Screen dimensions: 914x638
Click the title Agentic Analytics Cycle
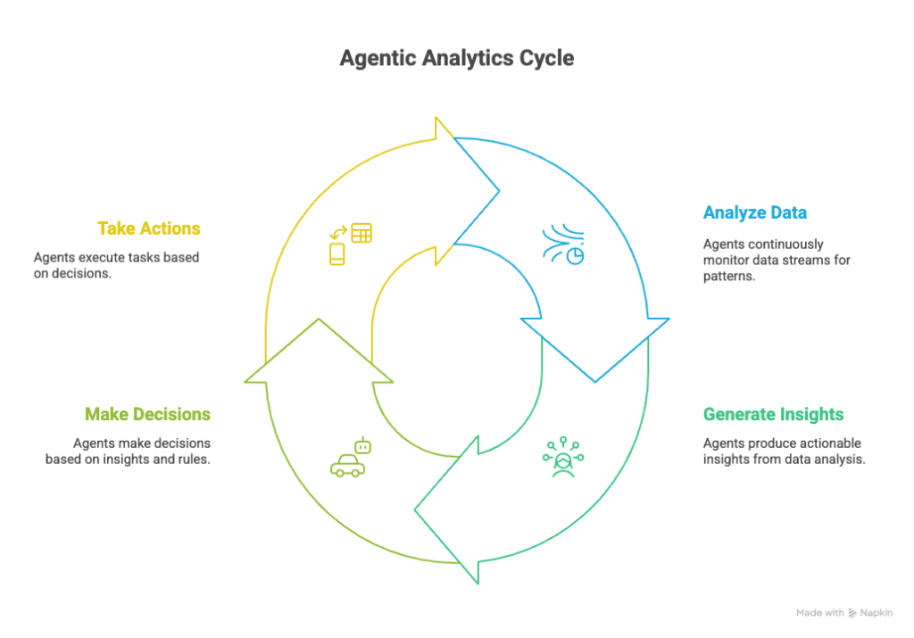pyautogui.click(x=457, y=58)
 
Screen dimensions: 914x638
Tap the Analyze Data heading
pyautogui.click(x=755, y=212)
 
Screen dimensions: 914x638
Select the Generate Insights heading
pyautogui.click(x=773, y=414)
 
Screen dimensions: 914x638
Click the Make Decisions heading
pyautogui.click(x=147, y=414)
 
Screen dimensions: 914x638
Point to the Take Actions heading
pyautogui.click(x=149, y=228)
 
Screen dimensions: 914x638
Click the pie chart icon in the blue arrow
pyautogui.click(x=576, y=256)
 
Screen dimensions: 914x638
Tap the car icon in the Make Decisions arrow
pyautogui.click(x=347, y=466)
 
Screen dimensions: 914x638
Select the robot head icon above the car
pyautogui.click(x=363, y=446)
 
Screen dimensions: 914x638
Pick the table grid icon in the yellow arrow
pyautogui.click(x=361, y=233)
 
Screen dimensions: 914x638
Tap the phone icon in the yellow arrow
pyautogui.click(x=337, y=254)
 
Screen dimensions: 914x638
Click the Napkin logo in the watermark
pyautogui.click(x=852, y=613)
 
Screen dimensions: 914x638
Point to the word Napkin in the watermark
pyautogui.click(x=877, y=613)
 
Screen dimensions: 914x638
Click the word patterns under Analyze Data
pyautogui.click(x=728, y=277)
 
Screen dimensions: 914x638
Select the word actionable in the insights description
pyautogui.click(x=828, y=443)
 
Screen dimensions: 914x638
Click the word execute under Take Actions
pyautogui.click(x=106, y=258)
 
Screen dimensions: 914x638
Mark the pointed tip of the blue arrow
pyautogui.click(x=595, y=382)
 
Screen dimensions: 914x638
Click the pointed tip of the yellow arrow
pyautogui.click(x=500, y=191)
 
